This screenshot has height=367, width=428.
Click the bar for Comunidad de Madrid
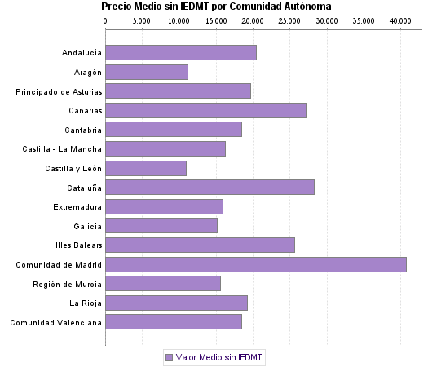click(x=256, y=264)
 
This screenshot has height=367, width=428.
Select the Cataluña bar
click(x=210, y=187)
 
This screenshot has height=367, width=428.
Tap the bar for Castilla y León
click(x=146, y=168)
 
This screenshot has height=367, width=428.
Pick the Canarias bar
click(x=205, y=110)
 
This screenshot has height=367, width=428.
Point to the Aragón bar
click(x=147, y=72)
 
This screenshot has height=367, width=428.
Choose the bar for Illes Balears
click(x=200, y=245)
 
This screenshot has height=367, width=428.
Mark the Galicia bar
click(x=161, y=226)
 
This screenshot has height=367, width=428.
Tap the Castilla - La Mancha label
click(x=62, y=149)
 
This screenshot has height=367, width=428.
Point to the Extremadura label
click(x=77, y=206)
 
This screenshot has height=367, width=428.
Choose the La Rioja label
click(x=85, y=303)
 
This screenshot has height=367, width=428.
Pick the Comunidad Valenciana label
click(x=56, y=322)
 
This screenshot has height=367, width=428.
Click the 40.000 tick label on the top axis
click(x=399, y=20)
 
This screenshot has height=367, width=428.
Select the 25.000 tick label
click(x=289, y=20)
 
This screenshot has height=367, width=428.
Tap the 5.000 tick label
click(x=142, y=20)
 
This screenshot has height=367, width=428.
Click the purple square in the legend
click(x=169, y=357)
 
